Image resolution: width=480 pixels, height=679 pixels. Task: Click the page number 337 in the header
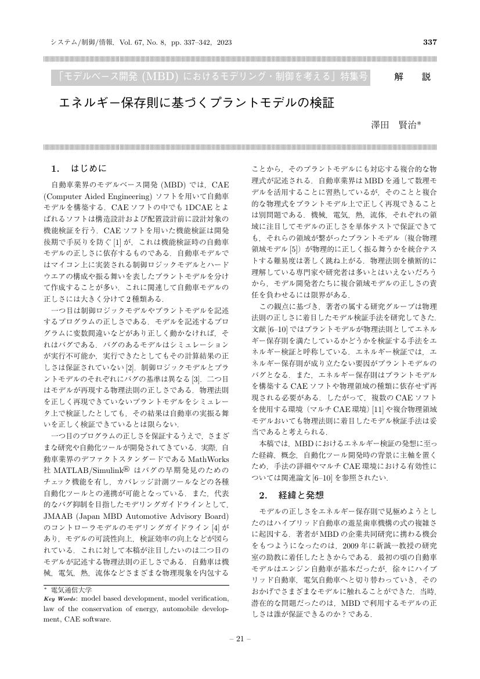click(x=430, y=42)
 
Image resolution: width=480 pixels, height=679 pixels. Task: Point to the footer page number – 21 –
click(x=240, y=639)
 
